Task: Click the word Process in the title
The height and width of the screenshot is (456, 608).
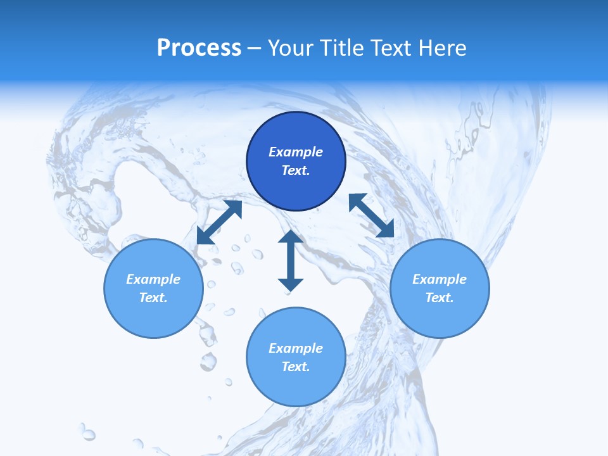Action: click(199, 48)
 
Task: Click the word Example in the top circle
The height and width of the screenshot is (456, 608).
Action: click(296, 152)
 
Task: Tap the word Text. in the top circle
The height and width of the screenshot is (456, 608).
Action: click(296, 170)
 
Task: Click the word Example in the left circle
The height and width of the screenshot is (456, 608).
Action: click(153, 279)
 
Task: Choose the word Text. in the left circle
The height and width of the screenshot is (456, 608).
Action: click(153, 298)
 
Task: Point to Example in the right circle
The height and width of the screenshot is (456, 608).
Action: click(440, 279)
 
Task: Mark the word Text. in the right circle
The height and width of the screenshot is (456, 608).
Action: click(440, 298)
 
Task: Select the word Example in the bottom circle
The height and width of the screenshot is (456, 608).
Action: click(296, 348)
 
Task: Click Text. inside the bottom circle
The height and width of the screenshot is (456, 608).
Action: click(296, 367)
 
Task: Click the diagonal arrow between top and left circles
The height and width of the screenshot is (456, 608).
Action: click(219, 222)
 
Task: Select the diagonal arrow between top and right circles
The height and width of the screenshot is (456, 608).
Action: click(372, 215)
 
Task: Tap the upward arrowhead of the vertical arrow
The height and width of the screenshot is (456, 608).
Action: click(291, 237)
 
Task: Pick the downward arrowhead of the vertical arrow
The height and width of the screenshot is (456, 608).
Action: click(291, 284)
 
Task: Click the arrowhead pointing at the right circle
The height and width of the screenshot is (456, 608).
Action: click(386, 229)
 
